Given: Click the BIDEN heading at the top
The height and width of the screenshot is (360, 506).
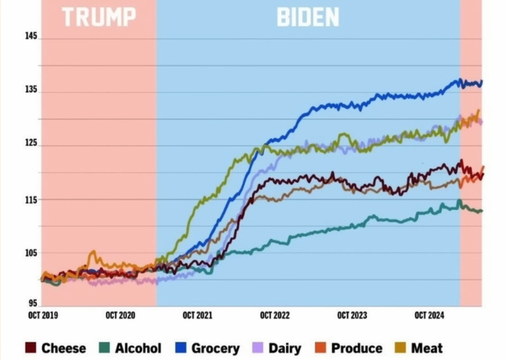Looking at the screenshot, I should (x=307, y=17).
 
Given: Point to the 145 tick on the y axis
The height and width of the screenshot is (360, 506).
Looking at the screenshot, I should (x=30, y=37).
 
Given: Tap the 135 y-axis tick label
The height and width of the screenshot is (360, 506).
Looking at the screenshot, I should (x=30, y=91).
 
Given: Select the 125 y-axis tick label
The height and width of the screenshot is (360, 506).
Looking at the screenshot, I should (x=30, y=145).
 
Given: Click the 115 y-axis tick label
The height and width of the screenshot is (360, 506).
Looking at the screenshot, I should (x=30, y=199).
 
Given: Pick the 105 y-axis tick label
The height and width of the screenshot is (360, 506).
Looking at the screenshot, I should (x=30, y=254).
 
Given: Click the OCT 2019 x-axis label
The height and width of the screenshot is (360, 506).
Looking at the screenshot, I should (x=44, y=316).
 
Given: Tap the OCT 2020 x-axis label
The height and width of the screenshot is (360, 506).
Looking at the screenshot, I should (x=121, y=316).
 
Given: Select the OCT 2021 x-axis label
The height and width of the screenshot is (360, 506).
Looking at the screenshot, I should (x=197, y=316).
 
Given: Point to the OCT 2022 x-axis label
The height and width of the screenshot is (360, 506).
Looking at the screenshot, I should (x=275, y=316).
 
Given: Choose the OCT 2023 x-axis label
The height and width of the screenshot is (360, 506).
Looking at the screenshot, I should (x=352, y=316).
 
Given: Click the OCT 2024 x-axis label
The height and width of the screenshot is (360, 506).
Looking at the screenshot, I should (x=428, y=316).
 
